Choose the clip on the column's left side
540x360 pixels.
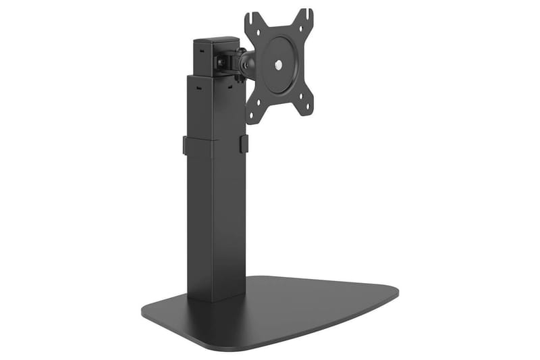coord(186,145)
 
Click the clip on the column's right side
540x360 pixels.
coord(244,143)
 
